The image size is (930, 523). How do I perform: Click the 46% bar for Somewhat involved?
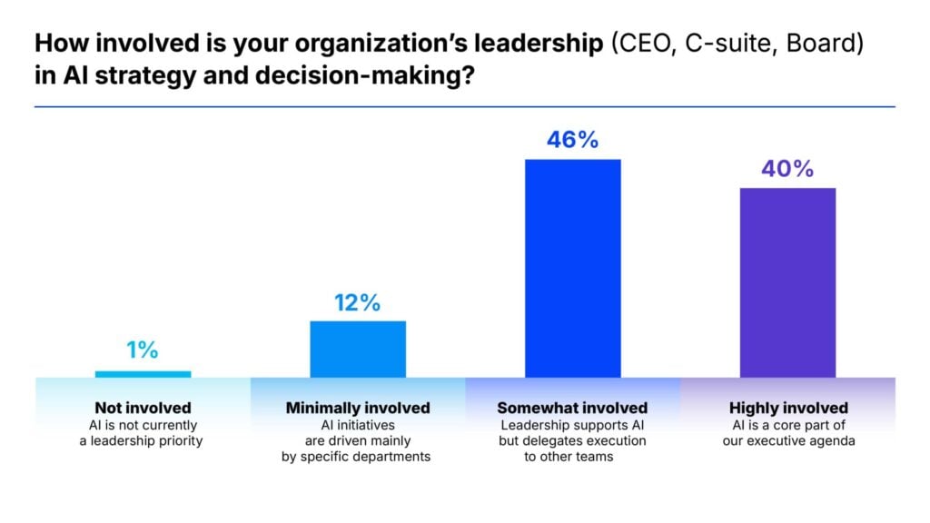(x=572, y=268)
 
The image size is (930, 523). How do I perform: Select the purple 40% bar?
(x=787, y=282)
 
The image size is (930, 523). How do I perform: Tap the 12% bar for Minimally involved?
(x=358, y=349)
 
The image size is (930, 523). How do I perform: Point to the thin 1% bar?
(x=143, y=373)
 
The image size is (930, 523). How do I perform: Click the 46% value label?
(x=572, y=140)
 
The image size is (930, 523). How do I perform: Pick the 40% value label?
(x=787, y=169)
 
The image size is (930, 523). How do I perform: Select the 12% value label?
(x=358, y=302)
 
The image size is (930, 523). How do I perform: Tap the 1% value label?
(x=143, y=350)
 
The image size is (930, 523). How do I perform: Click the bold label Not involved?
(x=143, y=408)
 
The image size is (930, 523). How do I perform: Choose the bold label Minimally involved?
(x=358, y=408)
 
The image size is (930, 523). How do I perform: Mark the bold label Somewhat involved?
(x=572, y=408)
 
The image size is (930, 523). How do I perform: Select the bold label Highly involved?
(x=788, y=408)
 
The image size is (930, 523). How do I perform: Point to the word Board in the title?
(x=813, y=43)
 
